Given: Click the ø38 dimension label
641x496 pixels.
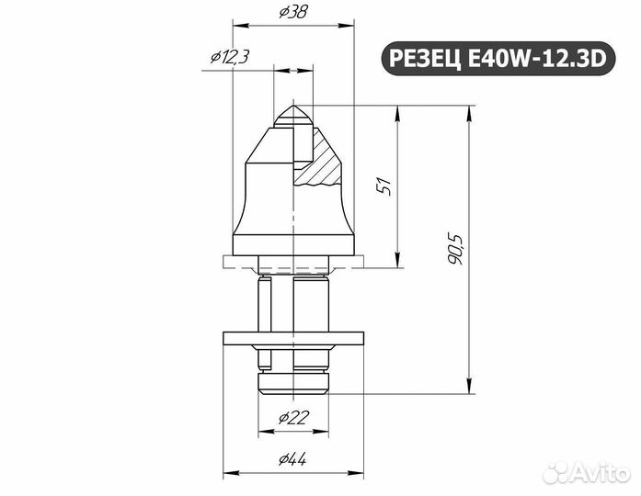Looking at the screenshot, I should pos(292,12).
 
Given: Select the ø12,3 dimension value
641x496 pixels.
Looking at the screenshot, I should pos(229,57).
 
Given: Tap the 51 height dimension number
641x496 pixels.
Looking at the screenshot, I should pos(385,185).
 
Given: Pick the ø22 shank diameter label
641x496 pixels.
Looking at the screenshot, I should pos(292,418).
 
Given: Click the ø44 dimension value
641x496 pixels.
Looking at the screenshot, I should pos(292,459).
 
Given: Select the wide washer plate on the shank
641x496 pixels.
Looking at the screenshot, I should pos(292,338).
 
